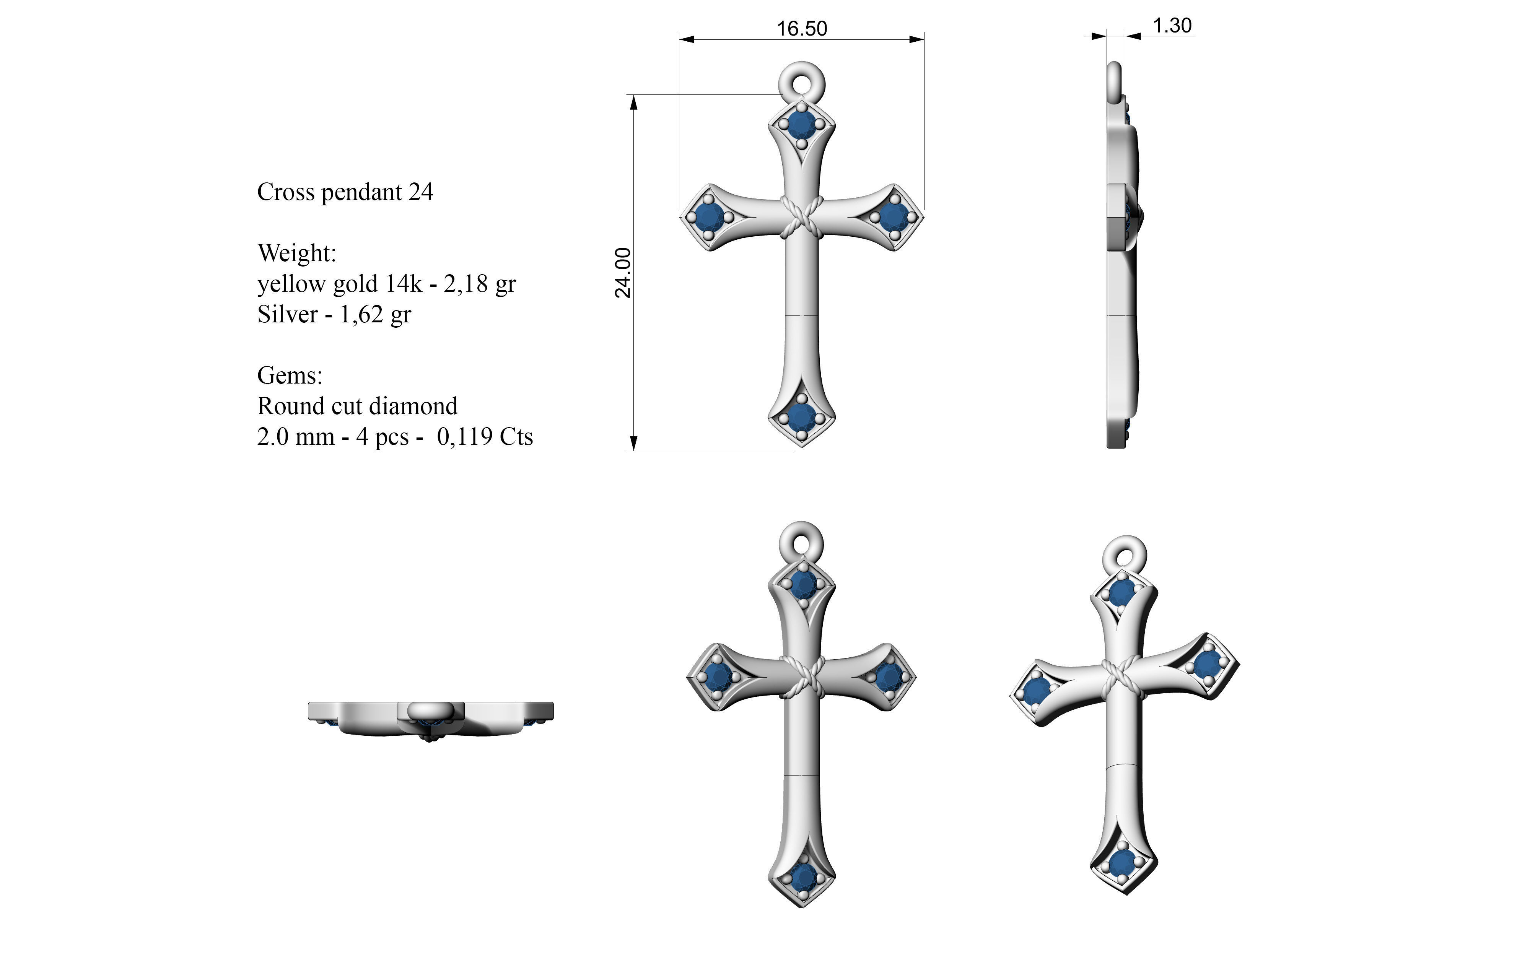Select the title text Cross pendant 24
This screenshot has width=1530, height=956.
pos(345,192)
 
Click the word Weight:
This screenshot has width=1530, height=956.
pos(296,253)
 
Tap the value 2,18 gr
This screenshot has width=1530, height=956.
pos(479,284)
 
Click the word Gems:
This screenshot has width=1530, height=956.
pos(290,376)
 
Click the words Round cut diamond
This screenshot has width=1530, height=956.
pos(357,406)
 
